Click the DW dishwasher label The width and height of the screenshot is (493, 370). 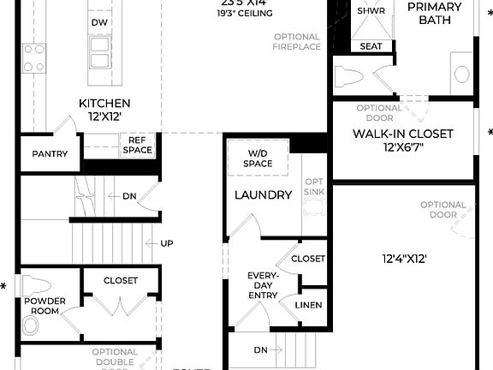pyautogui.click(x=99, y=21)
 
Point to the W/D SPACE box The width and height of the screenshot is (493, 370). pyautogui.click(x=257, y=158)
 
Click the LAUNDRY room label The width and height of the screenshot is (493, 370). pyautogui.click(x=264, y=195)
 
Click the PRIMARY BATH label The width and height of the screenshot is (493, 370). pyautogui.click(x=434, y=13)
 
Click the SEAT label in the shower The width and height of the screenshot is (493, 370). pyautogui.click(x=371, y=46)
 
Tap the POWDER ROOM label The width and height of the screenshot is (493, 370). pyautogui.click(x=45, y=307)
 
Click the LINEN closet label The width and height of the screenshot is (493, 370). pyautogui.click(x=308, y=305)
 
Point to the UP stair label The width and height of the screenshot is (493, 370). pyautogui.click(x=166, y=244)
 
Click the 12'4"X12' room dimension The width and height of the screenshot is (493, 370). pyautogui.click(x=405, y=258)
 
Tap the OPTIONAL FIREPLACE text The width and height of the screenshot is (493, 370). pyautogui.click(x=297, y=42)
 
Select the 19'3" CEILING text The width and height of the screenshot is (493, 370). pyautogui.click(x=246, y=15)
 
